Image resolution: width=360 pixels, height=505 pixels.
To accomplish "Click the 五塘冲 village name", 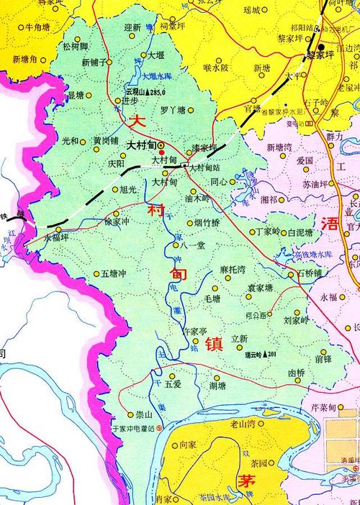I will tap(114, 274).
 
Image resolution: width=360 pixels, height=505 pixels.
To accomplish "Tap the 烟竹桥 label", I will tap(207, 223).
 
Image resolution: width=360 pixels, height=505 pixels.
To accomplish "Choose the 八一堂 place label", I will tap(194, 245).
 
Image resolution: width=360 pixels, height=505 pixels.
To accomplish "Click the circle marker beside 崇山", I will tap(130, 415).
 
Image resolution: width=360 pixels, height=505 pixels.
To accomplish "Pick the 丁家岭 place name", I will tap(269, 232).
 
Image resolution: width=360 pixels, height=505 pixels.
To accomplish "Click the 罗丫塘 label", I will tap(173, 110).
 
